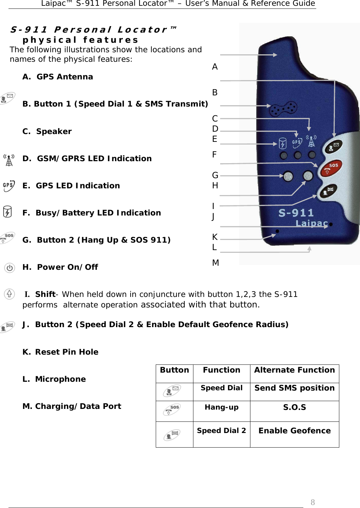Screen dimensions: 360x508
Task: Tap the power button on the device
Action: point(288,176)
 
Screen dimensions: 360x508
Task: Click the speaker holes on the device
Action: point(283,108)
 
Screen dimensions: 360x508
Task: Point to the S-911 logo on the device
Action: point(296,213)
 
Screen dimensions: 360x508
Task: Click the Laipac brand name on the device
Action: point(311,223)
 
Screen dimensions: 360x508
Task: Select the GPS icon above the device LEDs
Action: point(297,143)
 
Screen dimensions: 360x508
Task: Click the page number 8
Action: point(312,502)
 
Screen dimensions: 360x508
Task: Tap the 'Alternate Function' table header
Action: point(294,370)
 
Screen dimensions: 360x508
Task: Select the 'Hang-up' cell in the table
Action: point(222,407)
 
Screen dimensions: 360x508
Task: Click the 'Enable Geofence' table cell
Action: point(294,431)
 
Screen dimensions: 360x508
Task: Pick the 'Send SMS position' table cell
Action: point(294,388)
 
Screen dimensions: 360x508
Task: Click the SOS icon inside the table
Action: point(172,410)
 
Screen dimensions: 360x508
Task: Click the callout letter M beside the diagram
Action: point(215,263)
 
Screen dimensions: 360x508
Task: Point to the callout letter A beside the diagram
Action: point(215,67)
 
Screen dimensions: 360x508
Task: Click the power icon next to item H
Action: point(10,268)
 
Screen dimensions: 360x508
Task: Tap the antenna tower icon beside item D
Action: point(9,160)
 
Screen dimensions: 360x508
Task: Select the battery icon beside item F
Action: point(7,212)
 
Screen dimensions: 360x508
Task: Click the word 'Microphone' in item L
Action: point(60,379)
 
